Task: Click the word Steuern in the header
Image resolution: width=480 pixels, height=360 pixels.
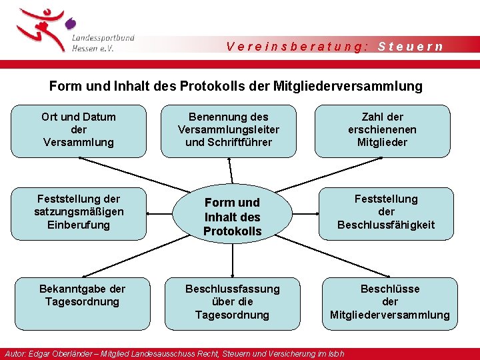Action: click(x=410, y=47)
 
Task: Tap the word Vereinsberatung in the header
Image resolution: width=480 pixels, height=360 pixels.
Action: click(x=297, y=47)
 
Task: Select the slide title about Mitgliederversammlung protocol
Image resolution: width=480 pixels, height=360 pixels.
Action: click(x=236, y=86)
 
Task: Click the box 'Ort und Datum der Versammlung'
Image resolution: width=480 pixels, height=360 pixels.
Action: click(x=79, y=130)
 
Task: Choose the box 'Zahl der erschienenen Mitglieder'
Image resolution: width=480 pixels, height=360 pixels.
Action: click(x=382, y=130)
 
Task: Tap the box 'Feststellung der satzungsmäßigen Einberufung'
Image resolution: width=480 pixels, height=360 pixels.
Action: click(x=79, y=212)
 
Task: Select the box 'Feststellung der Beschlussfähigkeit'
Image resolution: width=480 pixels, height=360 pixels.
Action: click(x=385, y=212)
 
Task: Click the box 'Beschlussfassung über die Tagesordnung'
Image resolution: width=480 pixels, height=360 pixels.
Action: click(x=232, y=302)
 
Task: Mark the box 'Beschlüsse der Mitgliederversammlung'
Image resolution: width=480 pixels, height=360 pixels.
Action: click(x=390, y=302)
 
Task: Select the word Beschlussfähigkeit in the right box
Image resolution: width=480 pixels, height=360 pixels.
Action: click(x=385, y=225)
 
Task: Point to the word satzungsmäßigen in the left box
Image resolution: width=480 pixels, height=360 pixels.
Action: click(x=79, y=212)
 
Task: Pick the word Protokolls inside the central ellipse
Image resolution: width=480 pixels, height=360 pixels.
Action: click(x=232, y=231)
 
